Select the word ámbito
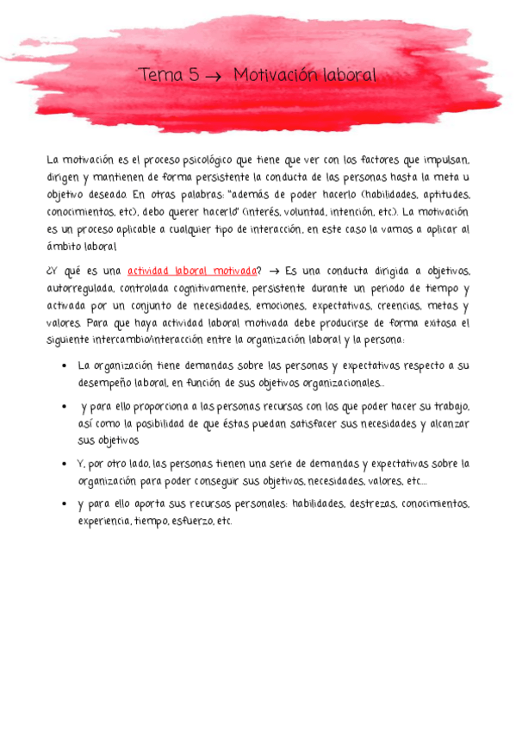64,247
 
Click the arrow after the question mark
276,272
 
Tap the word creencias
379,306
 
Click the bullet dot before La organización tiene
65,365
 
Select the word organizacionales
339,383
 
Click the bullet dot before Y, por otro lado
65,464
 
